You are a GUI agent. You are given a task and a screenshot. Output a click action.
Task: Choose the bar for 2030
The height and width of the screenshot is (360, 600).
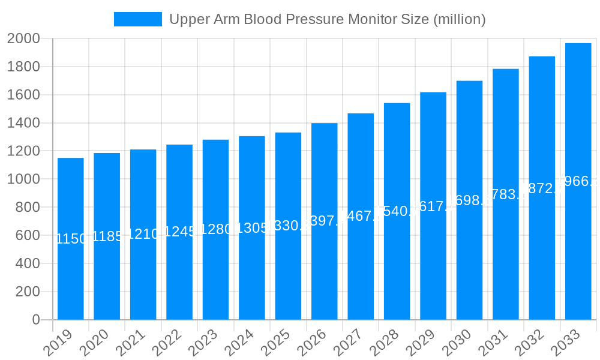click(x=469, y=252)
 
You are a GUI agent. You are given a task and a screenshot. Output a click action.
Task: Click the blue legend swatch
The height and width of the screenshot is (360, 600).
click(x=137, y=19)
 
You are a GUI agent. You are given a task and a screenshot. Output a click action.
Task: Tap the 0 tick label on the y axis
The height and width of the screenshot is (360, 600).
click(x=36, y=320)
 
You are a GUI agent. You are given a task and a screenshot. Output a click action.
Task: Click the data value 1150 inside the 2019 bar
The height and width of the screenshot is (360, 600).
click(x=71, y=239)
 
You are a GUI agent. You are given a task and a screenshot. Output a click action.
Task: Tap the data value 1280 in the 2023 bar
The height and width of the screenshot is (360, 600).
click(x=215, y=229)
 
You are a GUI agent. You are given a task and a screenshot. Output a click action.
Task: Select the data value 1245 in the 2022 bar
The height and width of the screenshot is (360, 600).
click(x=179, y=232)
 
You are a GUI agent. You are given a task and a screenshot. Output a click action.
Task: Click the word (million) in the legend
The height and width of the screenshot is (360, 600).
click(x=459, y=19)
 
